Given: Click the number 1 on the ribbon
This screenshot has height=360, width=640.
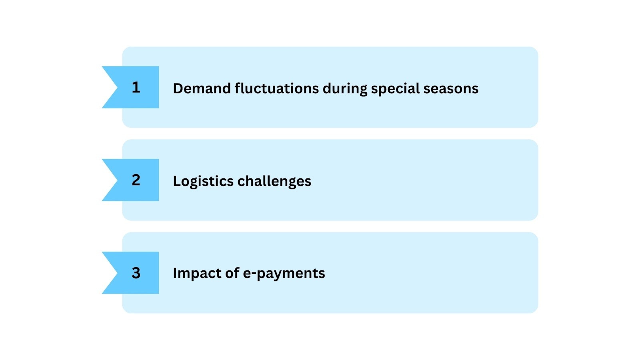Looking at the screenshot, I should (136, 87).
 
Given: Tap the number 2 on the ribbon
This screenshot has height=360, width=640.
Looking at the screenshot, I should (136, 180).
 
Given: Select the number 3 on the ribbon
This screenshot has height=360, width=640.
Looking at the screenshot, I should (136, 273).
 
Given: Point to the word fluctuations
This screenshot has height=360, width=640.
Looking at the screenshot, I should (276, 88).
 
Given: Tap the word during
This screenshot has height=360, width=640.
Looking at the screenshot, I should (344, 89).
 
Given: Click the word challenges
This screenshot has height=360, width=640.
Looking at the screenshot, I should (274, 182).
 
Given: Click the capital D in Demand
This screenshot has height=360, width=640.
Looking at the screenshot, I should (178, 88).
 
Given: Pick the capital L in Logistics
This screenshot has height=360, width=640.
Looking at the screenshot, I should (176, 181).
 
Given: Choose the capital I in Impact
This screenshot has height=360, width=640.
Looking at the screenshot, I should (175, 273).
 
